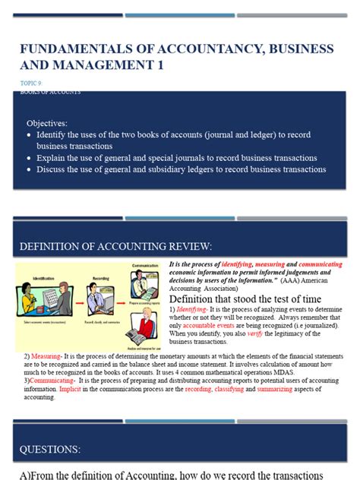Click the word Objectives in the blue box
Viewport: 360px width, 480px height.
pyautogui.click(x=47, y=122)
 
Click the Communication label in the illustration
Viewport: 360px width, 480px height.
pyautogui.click(x=144, y=265)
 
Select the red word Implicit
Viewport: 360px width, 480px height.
pyautogui.click(x=71, y=389)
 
